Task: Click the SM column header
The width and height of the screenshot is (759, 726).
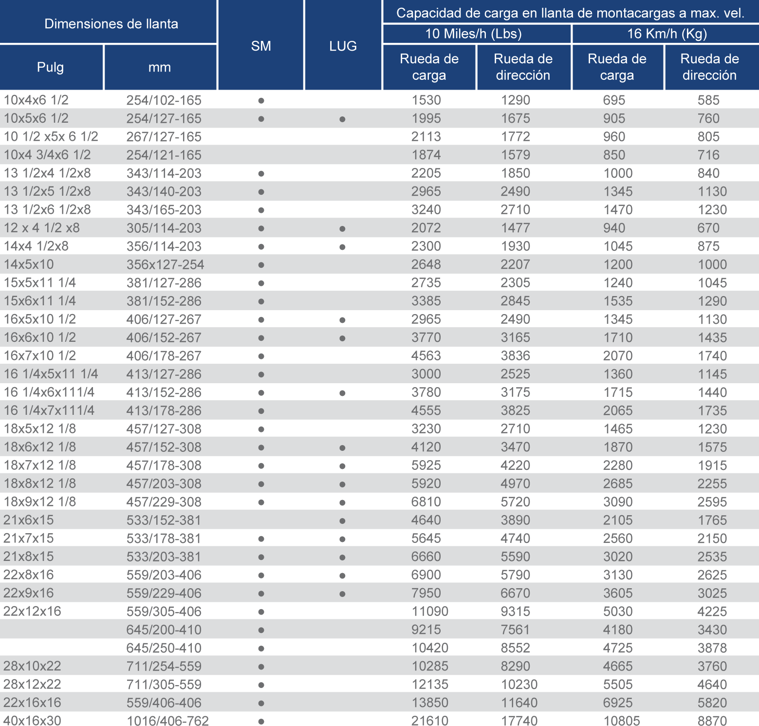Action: tap(261, 46)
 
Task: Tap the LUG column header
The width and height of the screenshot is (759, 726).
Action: tap(343, 46)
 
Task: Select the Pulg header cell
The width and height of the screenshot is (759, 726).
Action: tap(51, 67)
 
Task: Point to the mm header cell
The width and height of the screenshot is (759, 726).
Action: tap(160, 67)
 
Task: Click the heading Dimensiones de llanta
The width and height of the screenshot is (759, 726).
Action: tap(111, 24)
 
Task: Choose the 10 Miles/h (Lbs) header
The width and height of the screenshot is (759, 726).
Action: tap(473, 34)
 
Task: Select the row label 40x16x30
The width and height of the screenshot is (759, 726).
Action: tap(32, 721)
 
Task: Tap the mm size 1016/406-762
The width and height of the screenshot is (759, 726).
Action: tap(167, 721)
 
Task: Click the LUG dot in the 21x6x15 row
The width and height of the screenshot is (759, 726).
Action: tap(343, 521)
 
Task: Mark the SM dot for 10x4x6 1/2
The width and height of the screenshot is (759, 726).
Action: tap(261, 101)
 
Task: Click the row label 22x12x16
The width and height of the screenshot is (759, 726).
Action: tap(32, 611)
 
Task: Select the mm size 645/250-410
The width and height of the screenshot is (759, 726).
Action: tap(164, 648)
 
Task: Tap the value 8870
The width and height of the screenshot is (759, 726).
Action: tap(712, 721)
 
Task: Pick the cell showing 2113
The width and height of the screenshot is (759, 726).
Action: tap(426, 136)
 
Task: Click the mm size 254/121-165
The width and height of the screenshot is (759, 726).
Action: tap(164, 155)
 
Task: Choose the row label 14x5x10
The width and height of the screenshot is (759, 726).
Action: tap(29, 264)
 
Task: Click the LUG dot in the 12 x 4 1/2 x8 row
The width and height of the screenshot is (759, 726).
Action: tap(343, 229)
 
